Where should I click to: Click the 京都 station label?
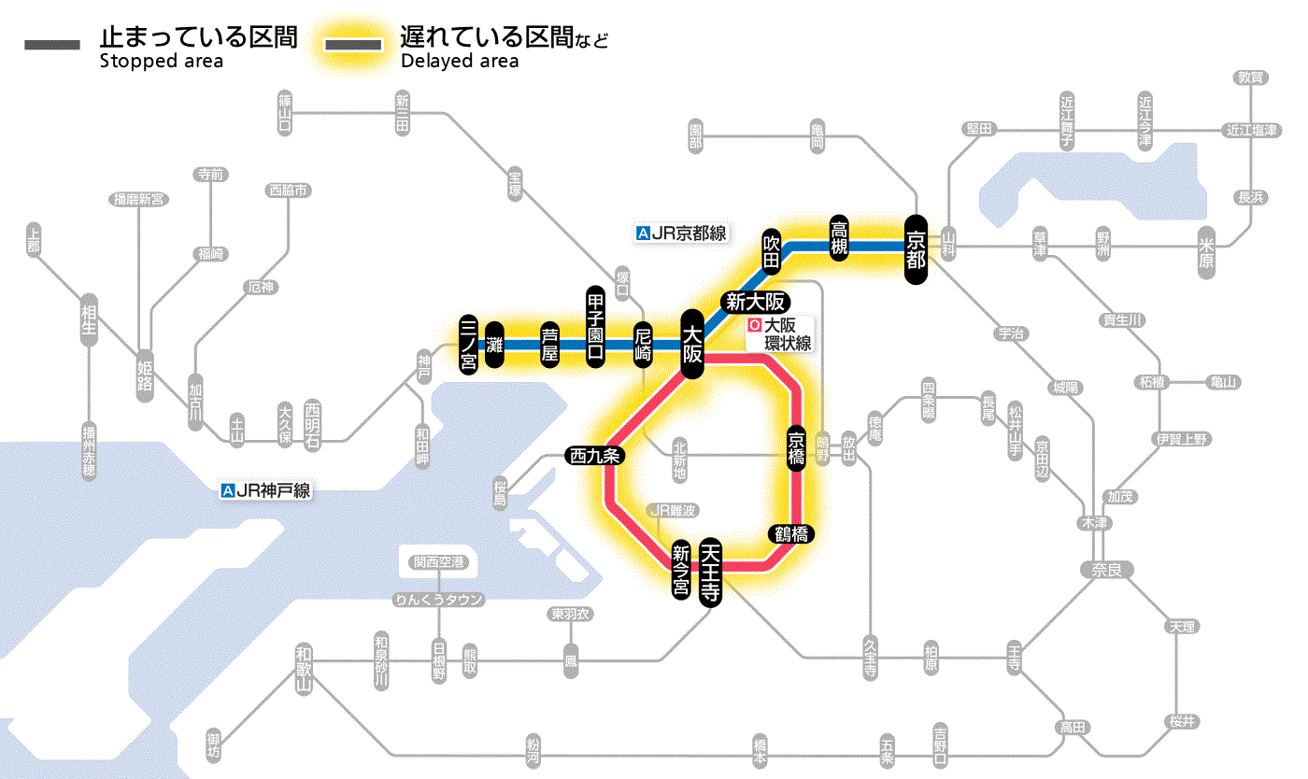916,248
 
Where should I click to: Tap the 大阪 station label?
692,344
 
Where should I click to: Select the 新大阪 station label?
756,302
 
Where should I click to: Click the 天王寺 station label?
710,572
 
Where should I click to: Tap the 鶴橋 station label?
789,534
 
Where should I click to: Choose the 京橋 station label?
796,448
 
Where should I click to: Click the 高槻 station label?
840,238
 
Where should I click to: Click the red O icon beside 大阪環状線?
755,327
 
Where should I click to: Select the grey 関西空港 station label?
438,562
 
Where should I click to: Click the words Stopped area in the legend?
161,62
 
